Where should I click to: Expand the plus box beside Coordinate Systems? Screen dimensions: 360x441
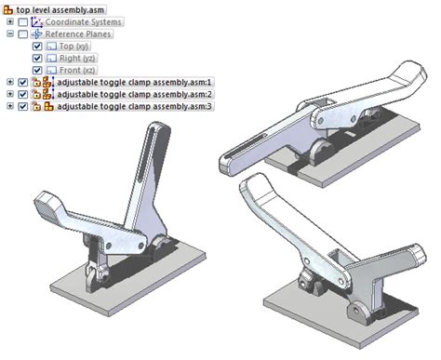10,21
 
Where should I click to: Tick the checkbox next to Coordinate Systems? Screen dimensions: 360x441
23,21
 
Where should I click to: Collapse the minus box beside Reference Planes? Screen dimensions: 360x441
10,33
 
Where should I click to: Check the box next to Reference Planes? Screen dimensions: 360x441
23,33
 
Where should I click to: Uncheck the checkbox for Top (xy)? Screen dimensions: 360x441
36,46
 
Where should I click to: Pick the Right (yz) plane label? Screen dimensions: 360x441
70,58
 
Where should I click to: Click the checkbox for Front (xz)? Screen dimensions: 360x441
36,70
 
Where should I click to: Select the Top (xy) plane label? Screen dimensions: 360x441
67,46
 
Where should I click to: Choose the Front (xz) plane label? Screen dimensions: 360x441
71,70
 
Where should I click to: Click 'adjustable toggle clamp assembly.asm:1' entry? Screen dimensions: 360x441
135,82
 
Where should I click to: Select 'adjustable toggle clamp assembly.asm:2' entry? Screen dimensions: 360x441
135,94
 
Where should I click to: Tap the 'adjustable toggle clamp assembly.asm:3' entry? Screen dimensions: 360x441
135,106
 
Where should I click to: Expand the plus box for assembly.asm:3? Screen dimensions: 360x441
10,106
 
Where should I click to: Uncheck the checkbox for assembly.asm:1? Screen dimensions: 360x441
23,82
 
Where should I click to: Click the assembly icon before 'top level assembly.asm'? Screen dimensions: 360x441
7,8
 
